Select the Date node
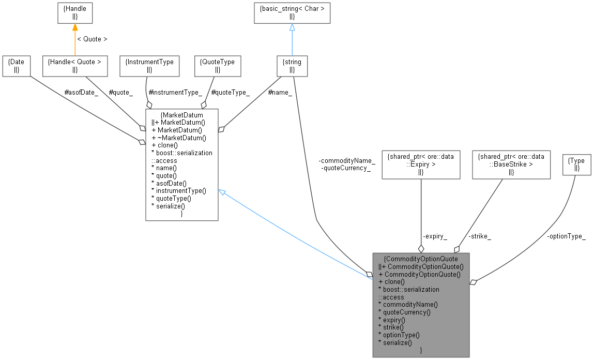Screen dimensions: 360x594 (16, 65)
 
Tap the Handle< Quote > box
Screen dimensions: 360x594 (74, 65)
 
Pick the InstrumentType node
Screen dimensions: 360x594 (149, 65)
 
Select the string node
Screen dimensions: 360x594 (292, 65)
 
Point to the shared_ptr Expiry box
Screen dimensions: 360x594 (421, 164)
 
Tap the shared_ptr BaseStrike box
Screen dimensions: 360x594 (511, 164)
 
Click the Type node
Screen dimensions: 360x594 (576, 164)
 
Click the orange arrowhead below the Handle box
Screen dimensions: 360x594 (74, 28)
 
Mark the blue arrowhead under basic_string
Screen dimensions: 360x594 (292, 28)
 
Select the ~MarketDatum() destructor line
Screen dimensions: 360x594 (179, 138)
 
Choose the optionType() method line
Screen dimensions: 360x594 (401, 335)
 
